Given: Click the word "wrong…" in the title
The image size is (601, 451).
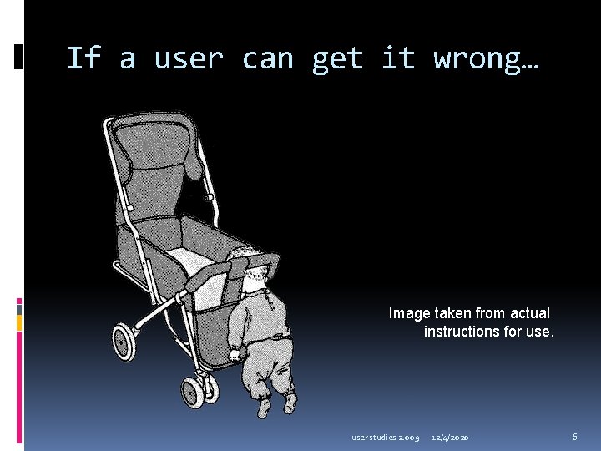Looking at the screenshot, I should click(487, 59).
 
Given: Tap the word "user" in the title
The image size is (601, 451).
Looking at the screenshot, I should click(189, 59).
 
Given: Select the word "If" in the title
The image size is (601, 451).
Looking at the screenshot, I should click(83, 59).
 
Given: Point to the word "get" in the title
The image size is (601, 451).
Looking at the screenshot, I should click(337, 59).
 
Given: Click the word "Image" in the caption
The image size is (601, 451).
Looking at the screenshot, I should click(409, 313).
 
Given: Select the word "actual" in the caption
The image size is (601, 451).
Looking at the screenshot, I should click(528, 313).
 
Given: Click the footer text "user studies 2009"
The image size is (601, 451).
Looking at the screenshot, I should click(385, 437).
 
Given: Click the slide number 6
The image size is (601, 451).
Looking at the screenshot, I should click(574, 437).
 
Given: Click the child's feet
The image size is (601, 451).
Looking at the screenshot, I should click(276, 405).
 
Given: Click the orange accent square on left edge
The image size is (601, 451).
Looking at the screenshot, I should click(19, 321).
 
